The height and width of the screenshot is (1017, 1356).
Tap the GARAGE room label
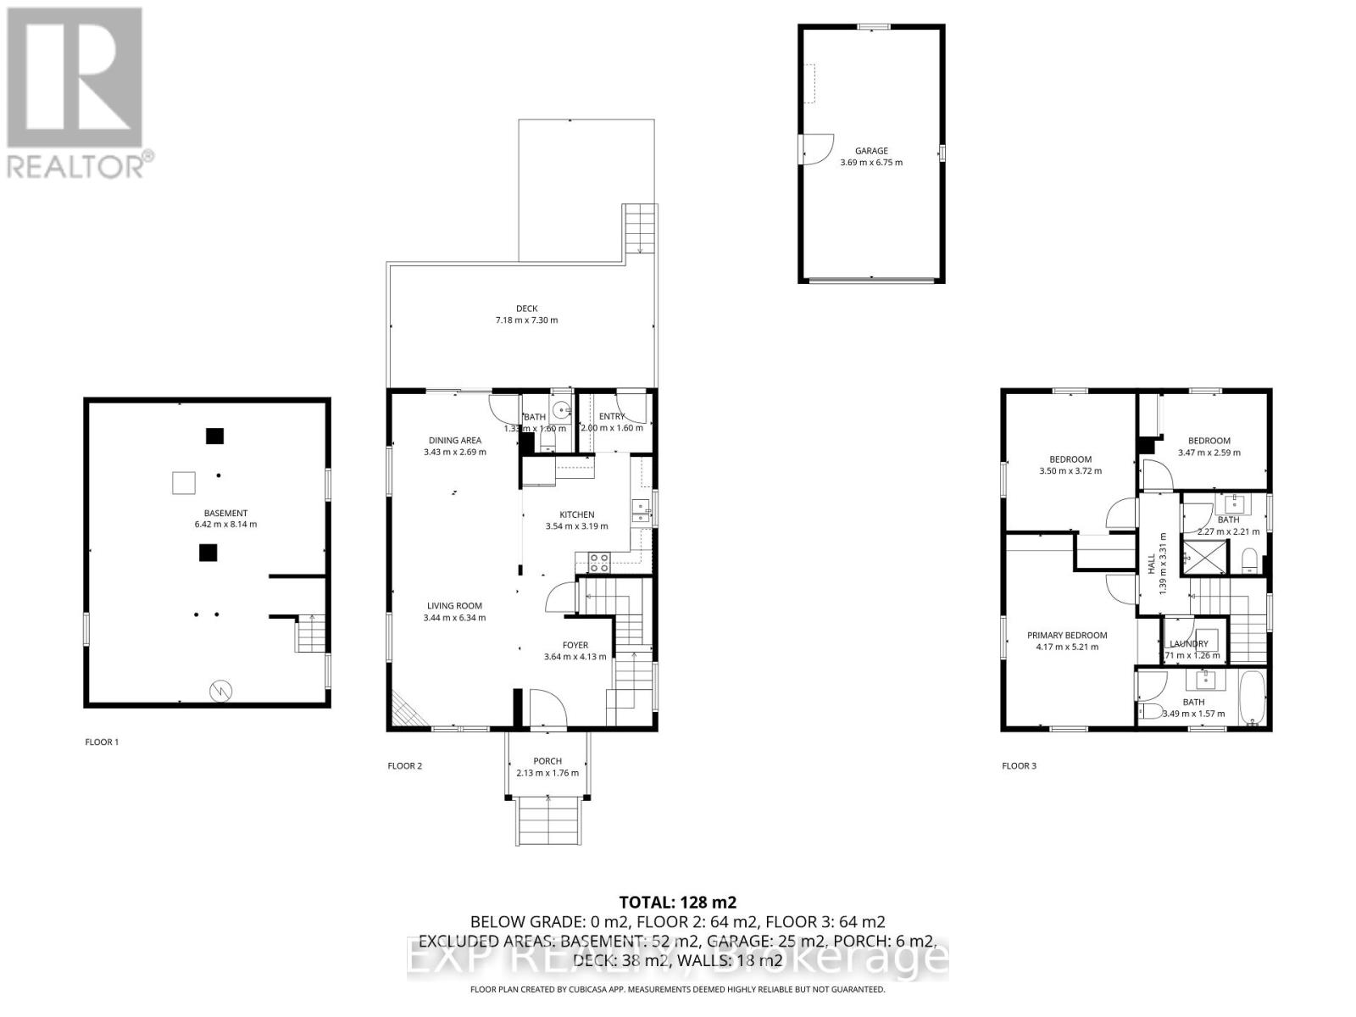click(x=871, y=151)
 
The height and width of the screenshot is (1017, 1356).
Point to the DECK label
click(x=527, y=308)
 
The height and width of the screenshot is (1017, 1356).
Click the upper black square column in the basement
click(x=214, y=436)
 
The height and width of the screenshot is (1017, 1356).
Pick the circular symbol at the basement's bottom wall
click(x=220, y=691)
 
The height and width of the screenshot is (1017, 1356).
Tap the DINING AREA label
click(x=455, y=440)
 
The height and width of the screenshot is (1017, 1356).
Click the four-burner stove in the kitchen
click(x=599, y=560)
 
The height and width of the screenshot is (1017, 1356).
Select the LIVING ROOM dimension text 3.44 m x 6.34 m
click(x=455, y=618)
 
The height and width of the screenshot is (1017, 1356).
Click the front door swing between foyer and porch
click(x=545, y=708)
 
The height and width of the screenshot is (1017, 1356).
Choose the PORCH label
click(x=547, y=760)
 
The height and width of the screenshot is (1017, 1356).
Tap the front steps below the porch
click(x=550, y=821)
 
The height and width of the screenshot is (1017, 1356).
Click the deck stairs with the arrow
click(x=641, y=229)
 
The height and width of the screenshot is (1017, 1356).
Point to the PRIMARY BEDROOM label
click(x=1067, y=635)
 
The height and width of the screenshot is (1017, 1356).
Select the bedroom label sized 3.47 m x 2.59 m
click(x=1209, y=441)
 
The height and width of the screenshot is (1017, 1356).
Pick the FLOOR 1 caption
click(x=102, y=742)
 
